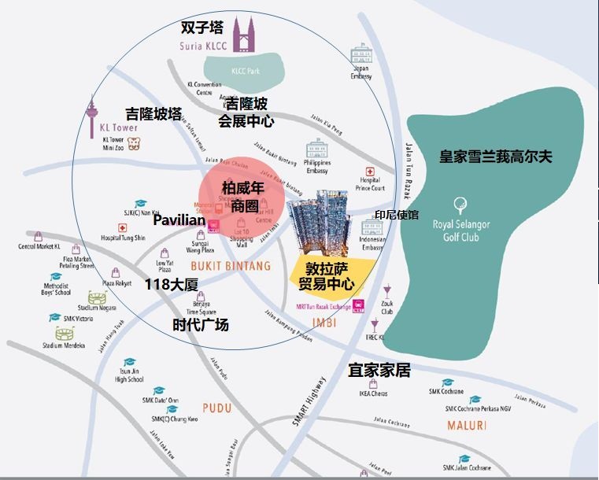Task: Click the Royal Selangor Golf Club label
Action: (461, 230)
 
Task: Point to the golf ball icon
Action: (461, 201)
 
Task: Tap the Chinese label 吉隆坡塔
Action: (153, 114)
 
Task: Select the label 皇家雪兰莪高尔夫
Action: (496, 156)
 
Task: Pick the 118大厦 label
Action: (171, 285)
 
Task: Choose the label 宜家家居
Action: (379, 370)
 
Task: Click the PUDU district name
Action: (216, 408)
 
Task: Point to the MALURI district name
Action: (467, 426)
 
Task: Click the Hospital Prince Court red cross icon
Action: (369, 172)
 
